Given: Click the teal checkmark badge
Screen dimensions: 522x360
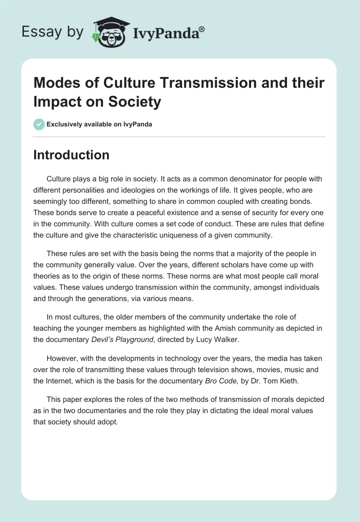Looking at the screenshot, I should tap(39, 124).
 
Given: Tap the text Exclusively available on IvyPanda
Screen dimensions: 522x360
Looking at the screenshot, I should tap(99, 124).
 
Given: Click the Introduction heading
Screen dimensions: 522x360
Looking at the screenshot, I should tap(71, 155).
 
